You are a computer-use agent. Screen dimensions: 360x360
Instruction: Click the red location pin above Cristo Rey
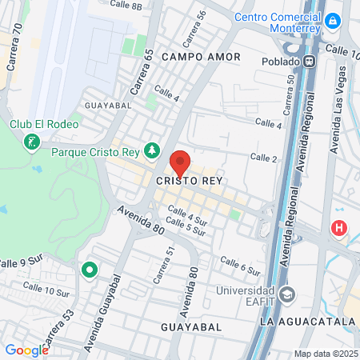(x=180, y=162)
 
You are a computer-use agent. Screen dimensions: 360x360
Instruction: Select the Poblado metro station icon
(x=310, y=61)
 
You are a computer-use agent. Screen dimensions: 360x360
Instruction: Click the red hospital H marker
(x=339, y=228)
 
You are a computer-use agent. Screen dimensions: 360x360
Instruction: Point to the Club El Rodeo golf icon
(x=31, y=142)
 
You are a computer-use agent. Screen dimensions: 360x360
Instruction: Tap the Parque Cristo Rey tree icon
(x=152, y=151)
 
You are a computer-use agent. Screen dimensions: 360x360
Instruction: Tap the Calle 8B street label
(x=126, y=5)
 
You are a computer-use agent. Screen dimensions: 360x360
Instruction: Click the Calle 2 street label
(x=263, y=158)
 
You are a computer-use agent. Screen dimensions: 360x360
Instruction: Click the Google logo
(x=26, y=350)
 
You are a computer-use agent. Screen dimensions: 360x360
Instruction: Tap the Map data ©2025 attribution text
(x=326, y=354)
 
